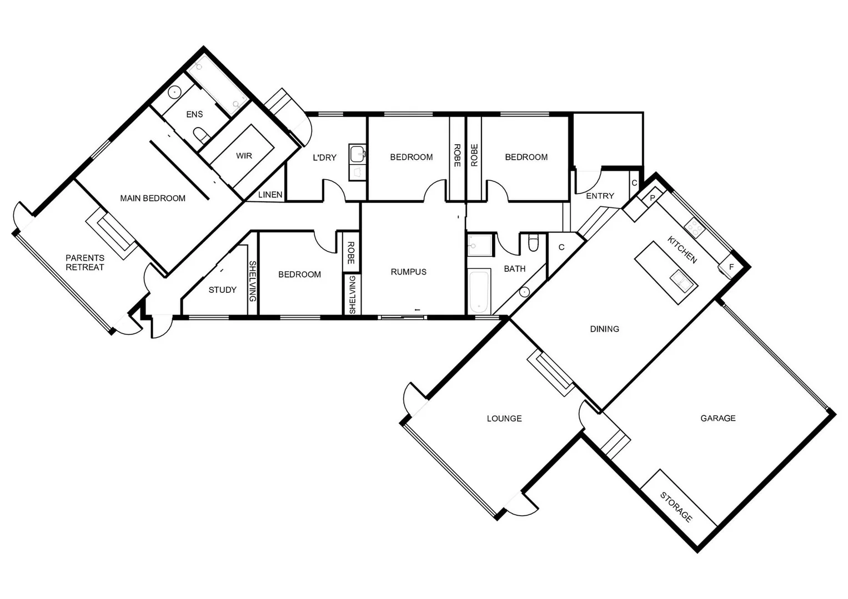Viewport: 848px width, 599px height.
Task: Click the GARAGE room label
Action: [717, 418]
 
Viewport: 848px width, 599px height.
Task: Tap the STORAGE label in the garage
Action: [676, 507]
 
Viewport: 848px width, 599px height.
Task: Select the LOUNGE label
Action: [504, 418]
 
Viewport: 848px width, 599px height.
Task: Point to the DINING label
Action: [604, 329]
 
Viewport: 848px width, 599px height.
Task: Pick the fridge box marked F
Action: [731, 267]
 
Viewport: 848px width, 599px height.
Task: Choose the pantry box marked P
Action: [653, 198]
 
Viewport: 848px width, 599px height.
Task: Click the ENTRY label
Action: [600, 196]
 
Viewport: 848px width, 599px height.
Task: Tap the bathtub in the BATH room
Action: [479, 292]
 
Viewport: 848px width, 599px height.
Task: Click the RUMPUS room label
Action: [408, 272]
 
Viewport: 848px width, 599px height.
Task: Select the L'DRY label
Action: [324, 158]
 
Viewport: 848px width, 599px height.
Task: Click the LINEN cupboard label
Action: [270, 195]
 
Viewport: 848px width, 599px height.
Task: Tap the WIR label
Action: [244, 156]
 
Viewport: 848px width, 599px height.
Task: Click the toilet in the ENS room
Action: [200, 135]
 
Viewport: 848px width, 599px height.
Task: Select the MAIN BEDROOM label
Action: [153, 198]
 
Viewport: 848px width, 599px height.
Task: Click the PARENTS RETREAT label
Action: [85, 262]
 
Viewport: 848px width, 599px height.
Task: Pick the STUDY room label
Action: [222, 290]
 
